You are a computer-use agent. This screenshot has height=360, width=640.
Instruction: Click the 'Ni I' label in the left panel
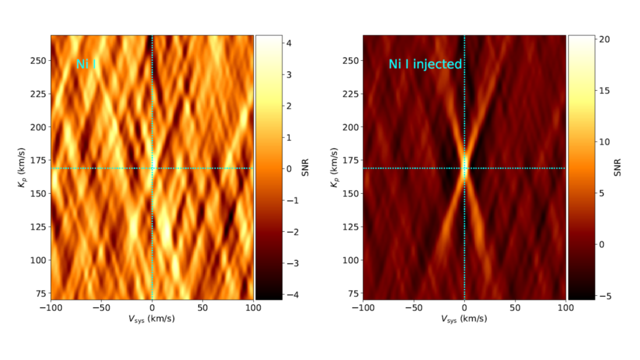click(85, 64)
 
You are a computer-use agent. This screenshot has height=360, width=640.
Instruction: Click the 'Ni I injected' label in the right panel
click(425, 64)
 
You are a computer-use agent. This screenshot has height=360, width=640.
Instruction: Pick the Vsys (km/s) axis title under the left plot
click(151, 318)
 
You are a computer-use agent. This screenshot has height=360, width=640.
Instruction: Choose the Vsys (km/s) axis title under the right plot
click(464, 318)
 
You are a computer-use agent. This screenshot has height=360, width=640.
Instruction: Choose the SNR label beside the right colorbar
click(617, 168)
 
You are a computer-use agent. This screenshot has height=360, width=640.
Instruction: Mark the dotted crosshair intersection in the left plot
click(152, 168)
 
